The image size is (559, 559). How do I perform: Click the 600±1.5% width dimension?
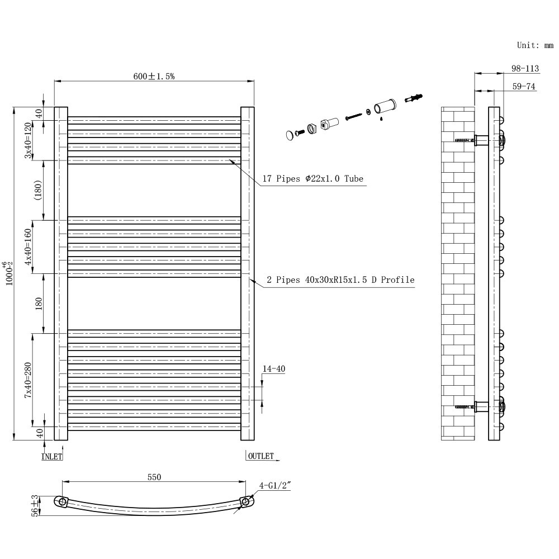pos(154,77)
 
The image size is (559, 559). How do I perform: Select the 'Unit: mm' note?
pos(535,45)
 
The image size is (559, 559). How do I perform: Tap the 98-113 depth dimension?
pos(525,69)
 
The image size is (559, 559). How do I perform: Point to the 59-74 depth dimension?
pos(524,87)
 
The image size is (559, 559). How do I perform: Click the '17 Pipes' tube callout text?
pos(312,179)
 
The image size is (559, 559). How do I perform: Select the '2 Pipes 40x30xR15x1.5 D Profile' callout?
pos(340,279)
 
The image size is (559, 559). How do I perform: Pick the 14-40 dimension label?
pos(273,369)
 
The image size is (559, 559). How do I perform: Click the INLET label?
pos(52,456)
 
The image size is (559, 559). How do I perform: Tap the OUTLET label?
pos(260,456)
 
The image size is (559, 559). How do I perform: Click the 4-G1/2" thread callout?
pos(276,486)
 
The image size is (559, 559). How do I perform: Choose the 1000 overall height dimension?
pos(8,273)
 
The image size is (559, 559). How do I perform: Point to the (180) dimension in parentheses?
pos(37,190)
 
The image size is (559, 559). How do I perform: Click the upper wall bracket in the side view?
pos(481,140)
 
